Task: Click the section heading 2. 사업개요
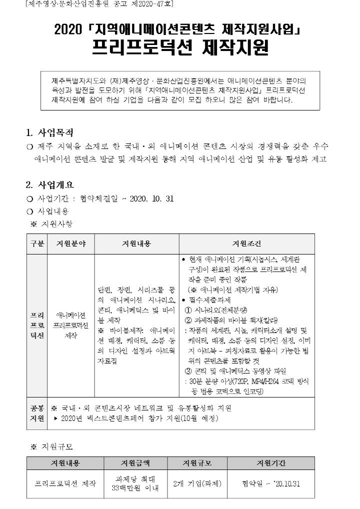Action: click(x=50, y=183)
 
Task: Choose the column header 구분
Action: click(x=37, y=243)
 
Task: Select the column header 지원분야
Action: click(x=71, y=243)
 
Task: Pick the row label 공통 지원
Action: click(x=37, y=413)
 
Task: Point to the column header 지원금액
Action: click(x=135, y=463)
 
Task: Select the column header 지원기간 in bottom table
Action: click(x=271, y=463)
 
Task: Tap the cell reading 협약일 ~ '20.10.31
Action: click(x=271, y=484)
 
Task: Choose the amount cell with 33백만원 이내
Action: click(x=135, y=488)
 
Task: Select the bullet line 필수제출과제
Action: click(x=210, y=300)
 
